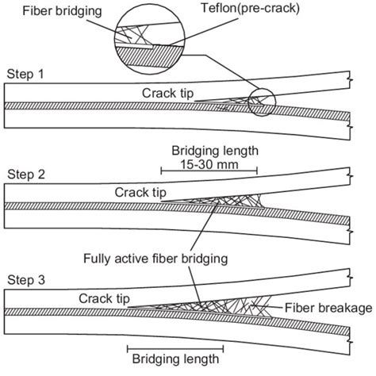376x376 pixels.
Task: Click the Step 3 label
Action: [25, 278]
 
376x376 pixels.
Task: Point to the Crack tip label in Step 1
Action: [168, 92]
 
